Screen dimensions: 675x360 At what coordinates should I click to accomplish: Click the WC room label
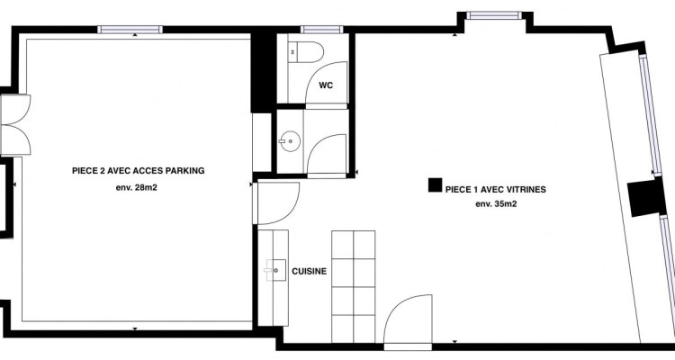[x=326, y=85]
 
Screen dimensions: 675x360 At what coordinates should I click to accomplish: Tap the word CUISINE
[x=309, y=271]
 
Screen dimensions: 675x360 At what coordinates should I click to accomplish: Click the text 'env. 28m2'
[x=137, y=187]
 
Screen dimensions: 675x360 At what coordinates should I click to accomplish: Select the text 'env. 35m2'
[x=496, y=204]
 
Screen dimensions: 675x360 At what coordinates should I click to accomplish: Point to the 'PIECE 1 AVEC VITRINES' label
[x=496, y=190]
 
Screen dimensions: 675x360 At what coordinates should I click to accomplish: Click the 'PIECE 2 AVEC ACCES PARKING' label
[x=139, y=170]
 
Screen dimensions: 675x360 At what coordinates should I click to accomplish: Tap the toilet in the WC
[x=305, y=52]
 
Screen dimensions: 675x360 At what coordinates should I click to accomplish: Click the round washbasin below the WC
[x=290, y=141]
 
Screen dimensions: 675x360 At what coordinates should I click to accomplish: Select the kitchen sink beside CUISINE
[x=275, y=270]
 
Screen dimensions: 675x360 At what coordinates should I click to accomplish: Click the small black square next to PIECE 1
[x=435, y=184]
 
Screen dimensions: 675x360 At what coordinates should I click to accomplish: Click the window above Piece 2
[x=130, y=30]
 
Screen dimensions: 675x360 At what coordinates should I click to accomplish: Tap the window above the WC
[x=321, y=30]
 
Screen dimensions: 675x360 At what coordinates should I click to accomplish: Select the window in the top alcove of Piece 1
[x=494, y=15]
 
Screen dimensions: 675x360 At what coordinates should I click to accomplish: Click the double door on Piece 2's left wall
[x=16, y=125]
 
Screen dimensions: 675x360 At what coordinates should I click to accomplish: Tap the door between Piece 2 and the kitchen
[x=276, y=203]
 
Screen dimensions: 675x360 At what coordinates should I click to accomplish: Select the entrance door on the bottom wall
[x=408, y=320]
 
